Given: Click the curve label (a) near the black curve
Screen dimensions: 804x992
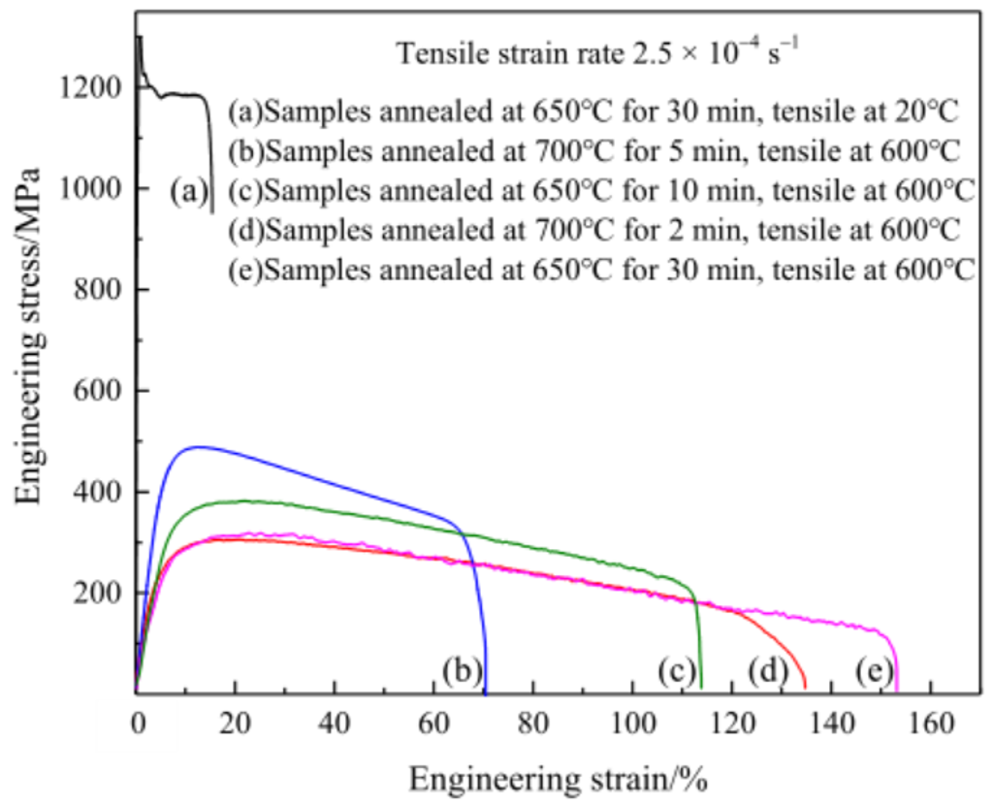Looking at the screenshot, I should click(x=188, y=192).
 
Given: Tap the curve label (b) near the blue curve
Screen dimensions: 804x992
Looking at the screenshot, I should click(x=461, y=670).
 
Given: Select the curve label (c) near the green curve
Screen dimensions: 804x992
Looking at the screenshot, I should click(x=677, y=670).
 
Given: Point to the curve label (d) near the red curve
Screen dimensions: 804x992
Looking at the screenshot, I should click(x=766, y=670).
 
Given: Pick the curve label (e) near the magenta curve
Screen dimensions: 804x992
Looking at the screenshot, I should click(x=873, y=670).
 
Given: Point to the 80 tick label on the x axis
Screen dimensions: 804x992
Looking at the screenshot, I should click(x=533, y=722).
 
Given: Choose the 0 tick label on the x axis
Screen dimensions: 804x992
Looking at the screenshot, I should click(x=137, y=722).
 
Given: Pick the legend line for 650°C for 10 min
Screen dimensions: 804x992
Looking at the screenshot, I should click(x=601, y=191).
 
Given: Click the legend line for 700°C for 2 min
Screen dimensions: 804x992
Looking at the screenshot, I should click(x=594, y=231).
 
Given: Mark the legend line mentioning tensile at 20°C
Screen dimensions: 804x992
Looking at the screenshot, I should click(x=593, y=112).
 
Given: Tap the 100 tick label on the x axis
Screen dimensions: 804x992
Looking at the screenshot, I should click(x=632, y=722).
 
